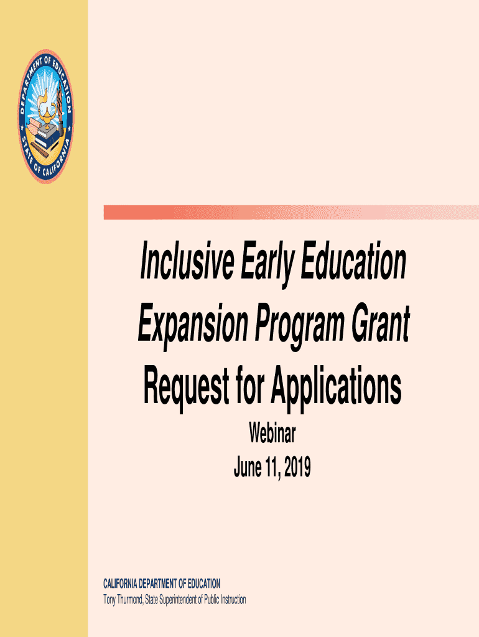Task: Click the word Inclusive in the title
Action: pyautogui.click(x=187, y=261)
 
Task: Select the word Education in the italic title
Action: pyautogui.click(x=353, y=261)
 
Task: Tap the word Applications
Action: pyautogui.click(x=336, y=387)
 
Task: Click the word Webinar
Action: pyautogui.click(x=272, y=433)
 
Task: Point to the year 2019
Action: pyautogui.click(x=297, y=467)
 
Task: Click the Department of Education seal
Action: pyautogui.click(x=46, y=116)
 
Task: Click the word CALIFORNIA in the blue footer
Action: pyautogui.click(x=120, y=584)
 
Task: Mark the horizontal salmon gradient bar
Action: pyautogui.click(x=291, y=213)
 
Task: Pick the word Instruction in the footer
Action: pyautogui.click(x=233, y=600)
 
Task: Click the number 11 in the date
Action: pyautogui.click(x=272, y=467)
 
